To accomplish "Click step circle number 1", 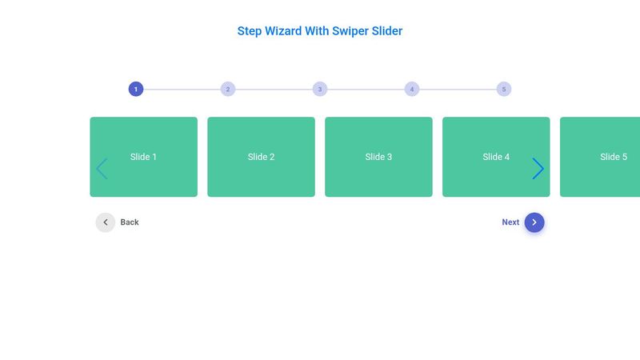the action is point(136,89).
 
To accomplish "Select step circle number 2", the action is point(228,89).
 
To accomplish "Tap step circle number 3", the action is point(320,89).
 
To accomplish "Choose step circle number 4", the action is point(412,89).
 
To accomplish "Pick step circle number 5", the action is point(504,89).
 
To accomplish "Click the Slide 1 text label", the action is point(143,157).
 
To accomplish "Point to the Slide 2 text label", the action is point(262,157).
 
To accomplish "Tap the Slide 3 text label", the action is point(378,157).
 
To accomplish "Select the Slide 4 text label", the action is point(496,157).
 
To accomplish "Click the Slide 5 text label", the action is point(614,157).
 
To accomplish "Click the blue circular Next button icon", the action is point(534,222).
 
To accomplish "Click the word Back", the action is point(130,222).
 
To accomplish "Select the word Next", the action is point(510,222).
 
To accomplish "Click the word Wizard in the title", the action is point(283,31).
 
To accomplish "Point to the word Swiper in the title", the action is point(350,31).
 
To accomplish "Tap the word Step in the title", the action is point(250,31).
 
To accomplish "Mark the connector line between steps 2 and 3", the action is point(274,90).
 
